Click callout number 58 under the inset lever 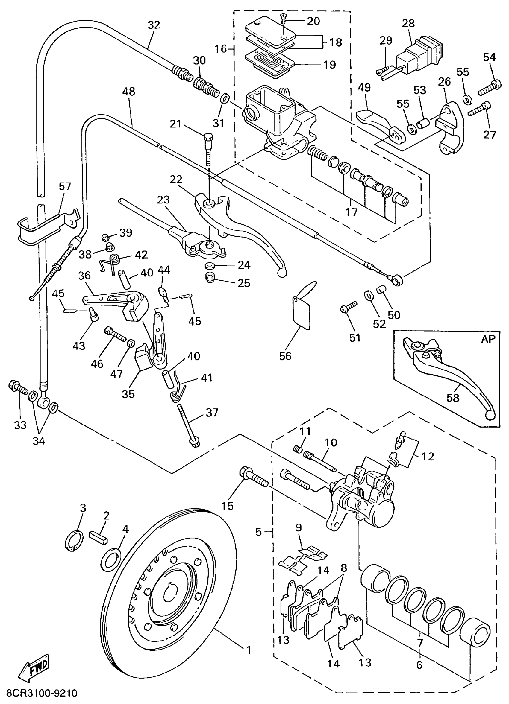point(452,398)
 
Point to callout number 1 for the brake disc point(249,650)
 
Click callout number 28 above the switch point(408,23)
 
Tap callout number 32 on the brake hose point(154,25)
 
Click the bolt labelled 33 point(18,387)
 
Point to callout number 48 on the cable point(128,92)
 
